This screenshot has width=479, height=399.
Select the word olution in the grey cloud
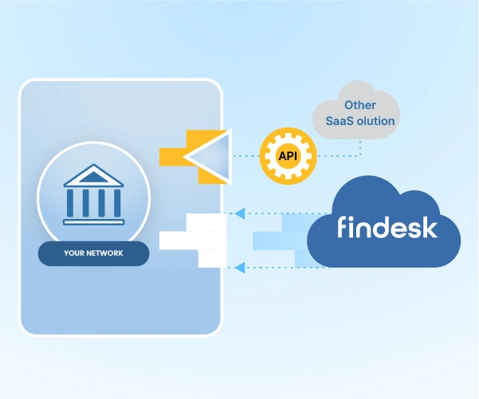[374, 121]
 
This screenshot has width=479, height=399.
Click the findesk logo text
[387, 227]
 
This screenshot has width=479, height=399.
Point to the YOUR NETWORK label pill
[94, 254]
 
